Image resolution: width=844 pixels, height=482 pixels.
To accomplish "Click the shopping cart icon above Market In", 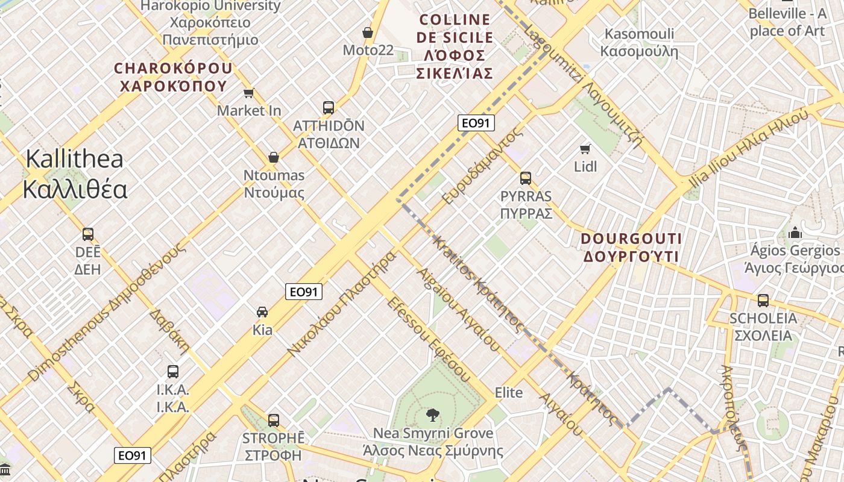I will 248,93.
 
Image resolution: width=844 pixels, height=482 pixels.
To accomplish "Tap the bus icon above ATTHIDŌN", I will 328,108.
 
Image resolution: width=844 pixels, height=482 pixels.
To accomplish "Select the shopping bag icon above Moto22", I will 367,32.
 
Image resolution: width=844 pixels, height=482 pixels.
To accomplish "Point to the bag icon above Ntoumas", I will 274,157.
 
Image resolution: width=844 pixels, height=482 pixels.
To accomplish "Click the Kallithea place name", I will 75,174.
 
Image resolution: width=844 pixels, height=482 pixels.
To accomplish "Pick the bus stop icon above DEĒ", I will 88,234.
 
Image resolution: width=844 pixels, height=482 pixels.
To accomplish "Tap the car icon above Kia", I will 262,312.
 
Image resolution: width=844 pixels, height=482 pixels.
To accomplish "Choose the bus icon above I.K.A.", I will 173,372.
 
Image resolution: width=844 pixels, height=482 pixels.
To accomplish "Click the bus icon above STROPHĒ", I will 274,420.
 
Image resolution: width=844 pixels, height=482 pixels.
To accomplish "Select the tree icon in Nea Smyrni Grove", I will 432,415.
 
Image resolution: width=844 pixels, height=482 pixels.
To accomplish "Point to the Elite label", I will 508,393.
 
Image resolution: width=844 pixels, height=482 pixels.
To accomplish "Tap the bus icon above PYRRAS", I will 526,178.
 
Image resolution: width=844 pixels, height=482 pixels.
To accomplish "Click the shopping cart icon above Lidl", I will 585,149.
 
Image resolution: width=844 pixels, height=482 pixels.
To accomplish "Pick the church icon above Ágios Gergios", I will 795,233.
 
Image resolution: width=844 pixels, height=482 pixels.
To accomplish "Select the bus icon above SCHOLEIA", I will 763,300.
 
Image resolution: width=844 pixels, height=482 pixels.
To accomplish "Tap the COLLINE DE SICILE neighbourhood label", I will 455,46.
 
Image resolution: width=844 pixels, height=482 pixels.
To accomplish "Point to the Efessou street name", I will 428,339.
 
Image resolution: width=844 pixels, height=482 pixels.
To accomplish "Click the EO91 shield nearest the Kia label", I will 304,292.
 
